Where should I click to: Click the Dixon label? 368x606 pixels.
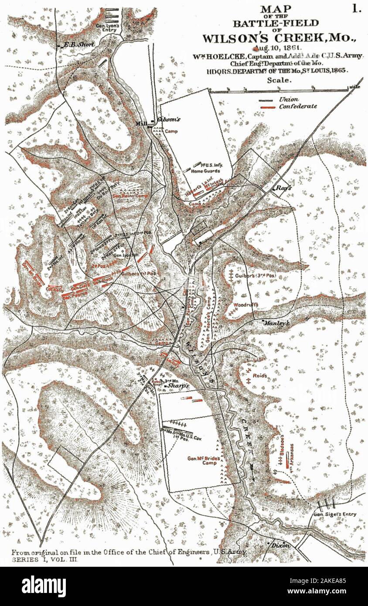point(280,545)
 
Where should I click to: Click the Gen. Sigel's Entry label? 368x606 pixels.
point(335,514)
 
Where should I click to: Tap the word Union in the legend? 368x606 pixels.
point(289,100)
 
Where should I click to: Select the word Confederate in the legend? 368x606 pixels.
point(298,107)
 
